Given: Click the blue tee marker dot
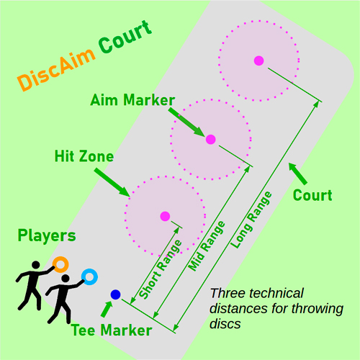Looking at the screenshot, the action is [115, 294].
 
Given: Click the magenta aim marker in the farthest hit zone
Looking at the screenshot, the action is [259, 60].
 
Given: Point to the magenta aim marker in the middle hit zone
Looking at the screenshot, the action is [211, 139].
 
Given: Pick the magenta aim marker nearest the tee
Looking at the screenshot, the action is [165, 216].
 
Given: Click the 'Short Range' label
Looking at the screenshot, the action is [161, 269].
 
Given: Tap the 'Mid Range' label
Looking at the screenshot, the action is [207, 246].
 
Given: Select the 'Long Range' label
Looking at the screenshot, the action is [251, 220].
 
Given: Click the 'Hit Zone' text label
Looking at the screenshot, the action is [84, 156].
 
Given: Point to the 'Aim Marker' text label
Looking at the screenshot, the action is [132, 100].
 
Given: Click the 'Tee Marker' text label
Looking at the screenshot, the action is [112, 330].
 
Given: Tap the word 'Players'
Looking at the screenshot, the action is [47, 235].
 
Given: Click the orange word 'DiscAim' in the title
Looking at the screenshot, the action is [56, 68].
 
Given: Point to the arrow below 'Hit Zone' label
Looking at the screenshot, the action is [112, 182].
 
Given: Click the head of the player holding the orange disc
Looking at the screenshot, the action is [36, 265].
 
